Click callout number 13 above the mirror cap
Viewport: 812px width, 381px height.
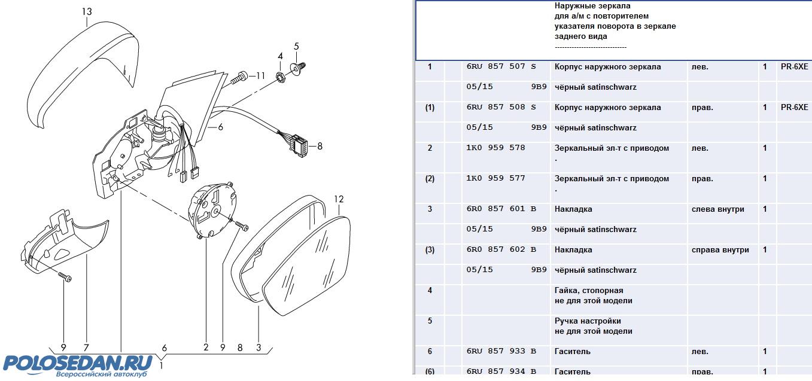(x=87, y=12)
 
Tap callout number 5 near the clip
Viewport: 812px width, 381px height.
(x=296, y=46)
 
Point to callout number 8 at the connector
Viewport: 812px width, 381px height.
(x=320, y=145)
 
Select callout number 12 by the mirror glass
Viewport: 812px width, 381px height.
(x=339, y=199)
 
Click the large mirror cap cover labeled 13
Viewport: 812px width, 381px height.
(x=81, y=75)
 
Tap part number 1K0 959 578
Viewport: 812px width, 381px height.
(x=495, y=148)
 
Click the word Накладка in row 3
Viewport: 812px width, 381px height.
(x=573, y=209)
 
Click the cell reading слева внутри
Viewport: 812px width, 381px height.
(x=718, y=209)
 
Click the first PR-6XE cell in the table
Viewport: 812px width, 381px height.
(x=794, y=67)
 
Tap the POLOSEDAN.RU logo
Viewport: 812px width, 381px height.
(x=78, y=363)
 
